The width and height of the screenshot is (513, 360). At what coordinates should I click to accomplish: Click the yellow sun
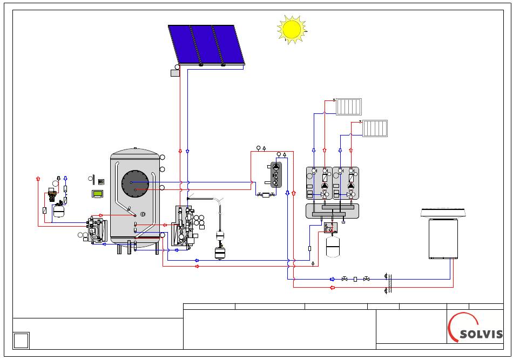(292, 29)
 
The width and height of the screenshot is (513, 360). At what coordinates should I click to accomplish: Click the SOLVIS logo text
(481, 334)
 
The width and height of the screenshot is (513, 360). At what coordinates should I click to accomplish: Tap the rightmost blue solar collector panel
(228, 44)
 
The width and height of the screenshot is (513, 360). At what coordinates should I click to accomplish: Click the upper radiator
(349, 106)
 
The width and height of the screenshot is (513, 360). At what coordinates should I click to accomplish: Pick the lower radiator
(375, 128)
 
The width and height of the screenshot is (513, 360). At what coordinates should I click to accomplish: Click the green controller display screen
(97, 194)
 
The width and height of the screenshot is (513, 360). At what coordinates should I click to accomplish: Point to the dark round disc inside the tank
(135, 184)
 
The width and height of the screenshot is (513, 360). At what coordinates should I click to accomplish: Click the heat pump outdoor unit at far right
(443, 233)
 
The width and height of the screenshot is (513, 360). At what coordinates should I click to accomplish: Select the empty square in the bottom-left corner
(21, 341)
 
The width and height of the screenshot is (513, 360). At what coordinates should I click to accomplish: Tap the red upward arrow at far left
(38, 179)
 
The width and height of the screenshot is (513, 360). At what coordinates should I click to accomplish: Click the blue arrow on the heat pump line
(333, 279)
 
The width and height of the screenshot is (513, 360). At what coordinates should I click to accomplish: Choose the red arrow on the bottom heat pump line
(333, 288)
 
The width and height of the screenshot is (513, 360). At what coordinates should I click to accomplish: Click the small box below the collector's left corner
(175, 73)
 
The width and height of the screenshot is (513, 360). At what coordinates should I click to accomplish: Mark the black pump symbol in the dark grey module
(276, 167)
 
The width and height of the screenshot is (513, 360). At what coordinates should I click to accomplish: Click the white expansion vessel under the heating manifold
(333, 247)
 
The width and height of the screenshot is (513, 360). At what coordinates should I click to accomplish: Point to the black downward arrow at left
(58, 179)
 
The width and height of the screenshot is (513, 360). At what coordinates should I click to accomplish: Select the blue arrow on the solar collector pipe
(187, 151)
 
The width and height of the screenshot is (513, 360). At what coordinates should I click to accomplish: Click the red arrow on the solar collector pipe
(180, 151)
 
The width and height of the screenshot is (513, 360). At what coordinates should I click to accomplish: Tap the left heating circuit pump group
(319, 183)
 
